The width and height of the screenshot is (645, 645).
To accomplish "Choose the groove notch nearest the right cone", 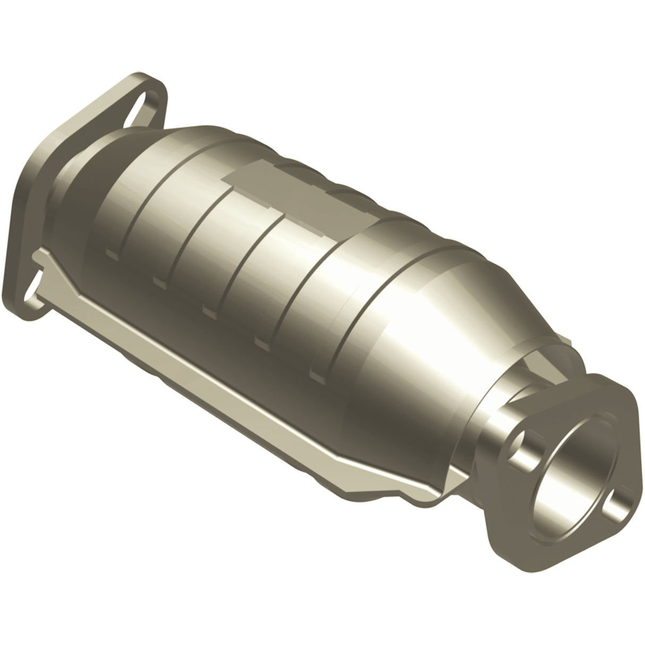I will [x=317, y=375].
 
